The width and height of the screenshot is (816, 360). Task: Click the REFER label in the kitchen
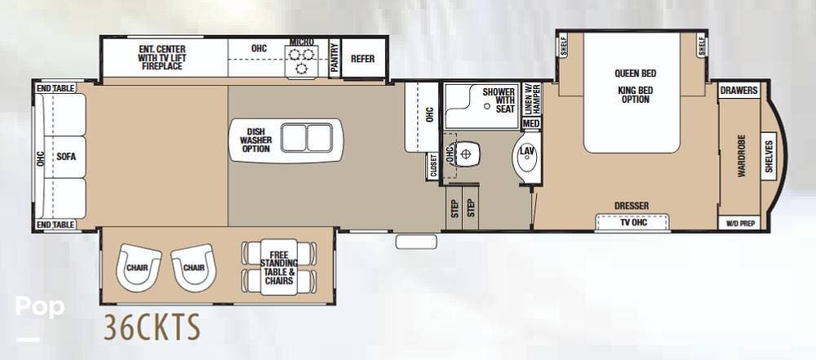point(363,59)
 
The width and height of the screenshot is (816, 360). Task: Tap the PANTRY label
point(334,58)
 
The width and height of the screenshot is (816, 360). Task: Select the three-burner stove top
point(301,61)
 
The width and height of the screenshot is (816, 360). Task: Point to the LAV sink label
point(527,151)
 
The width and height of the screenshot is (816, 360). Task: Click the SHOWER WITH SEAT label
point(498,100)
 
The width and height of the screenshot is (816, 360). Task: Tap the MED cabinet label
point(531,123)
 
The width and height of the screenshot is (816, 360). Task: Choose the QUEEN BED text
point(636,73)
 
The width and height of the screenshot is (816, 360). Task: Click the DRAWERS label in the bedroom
point(739,91)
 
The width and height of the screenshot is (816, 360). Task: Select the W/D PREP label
point(739,224)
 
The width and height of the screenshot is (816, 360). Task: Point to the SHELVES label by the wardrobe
point(769,156)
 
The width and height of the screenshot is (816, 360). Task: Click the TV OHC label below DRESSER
point(632,223)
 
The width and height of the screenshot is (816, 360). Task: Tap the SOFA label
point(67,156)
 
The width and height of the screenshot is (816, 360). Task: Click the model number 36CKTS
point(152,327)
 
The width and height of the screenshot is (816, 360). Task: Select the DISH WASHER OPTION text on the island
point(255,140)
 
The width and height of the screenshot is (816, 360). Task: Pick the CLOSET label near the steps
point(432,167)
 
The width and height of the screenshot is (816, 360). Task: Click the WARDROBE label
point(742,156)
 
